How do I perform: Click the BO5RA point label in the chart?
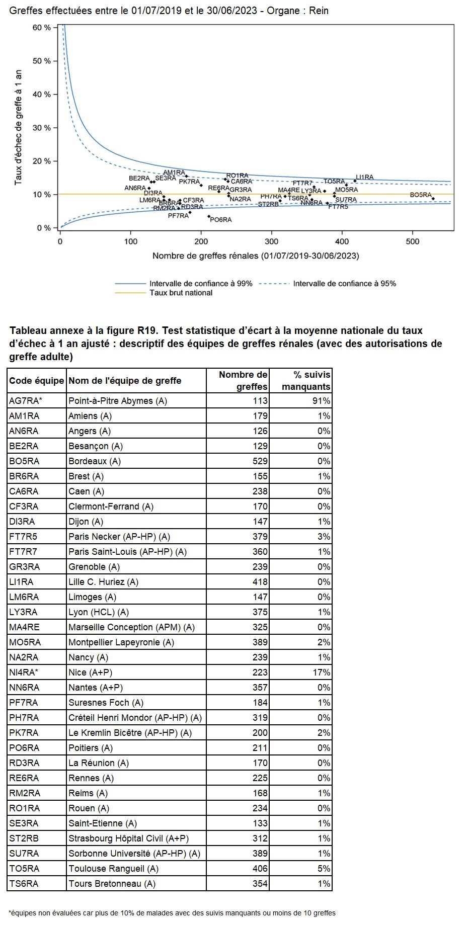(421, 195)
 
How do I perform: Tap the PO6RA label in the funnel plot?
(221, 220)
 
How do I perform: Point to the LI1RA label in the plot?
(364, 177)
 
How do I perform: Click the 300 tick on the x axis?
(272, 241)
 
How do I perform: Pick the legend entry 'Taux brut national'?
(181, 293)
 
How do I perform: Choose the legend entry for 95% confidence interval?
(344, 284)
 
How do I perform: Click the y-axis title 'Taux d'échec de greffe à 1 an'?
(18, 128)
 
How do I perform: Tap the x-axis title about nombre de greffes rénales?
(256, 256)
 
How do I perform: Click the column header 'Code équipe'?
(36, 381)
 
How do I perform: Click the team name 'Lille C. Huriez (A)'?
(103, 582)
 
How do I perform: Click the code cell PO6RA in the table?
(24, 748)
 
